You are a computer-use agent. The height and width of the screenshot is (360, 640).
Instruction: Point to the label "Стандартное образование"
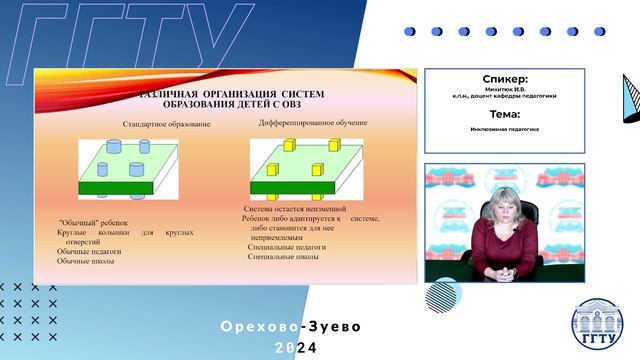click(x=167, y=124)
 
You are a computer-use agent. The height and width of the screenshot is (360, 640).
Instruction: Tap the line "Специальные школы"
click(x=283, y=257)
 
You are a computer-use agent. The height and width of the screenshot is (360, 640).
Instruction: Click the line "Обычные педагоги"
click(x=89, y=251)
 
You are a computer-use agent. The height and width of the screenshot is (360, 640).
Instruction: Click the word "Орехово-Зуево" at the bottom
click(x=291, y=327)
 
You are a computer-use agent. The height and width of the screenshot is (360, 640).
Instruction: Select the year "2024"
click(x=295, y=348)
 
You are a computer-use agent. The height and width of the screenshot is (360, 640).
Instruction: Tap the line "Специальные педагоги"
click(x=286, y=245)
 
